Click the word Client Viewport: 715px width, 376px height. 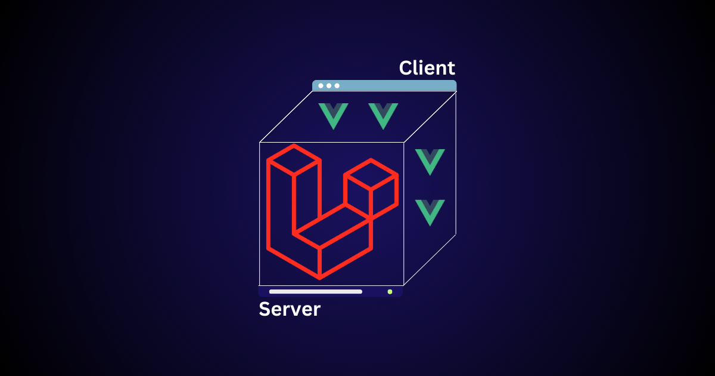[427, 68]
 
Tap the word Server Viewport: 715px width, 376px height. [290, 309]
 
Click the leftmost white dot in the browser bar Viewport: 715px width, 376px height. [321, 86]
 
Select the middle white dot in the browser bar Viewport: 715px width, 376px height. [329, 86]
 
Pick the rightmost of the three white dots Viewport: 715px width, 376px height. [337, 86]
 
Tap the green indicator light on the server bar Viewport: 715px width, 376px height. [390, 292]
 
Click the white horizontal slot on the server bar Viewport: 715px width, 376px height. [316, 292]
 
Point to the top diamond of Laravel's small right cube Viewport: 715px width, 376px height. [371, 173]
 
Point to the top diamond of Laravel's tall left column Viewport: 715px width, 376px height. [294, 159]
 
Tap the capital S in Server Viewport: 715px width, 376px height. [265, 309]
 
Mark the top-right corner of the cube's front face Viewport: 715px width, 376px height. [404, 142]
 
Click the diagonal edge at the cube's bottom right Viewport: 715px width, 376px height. [430, 260]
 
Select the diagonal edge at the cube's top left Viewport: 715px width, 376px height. [286, 117]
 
